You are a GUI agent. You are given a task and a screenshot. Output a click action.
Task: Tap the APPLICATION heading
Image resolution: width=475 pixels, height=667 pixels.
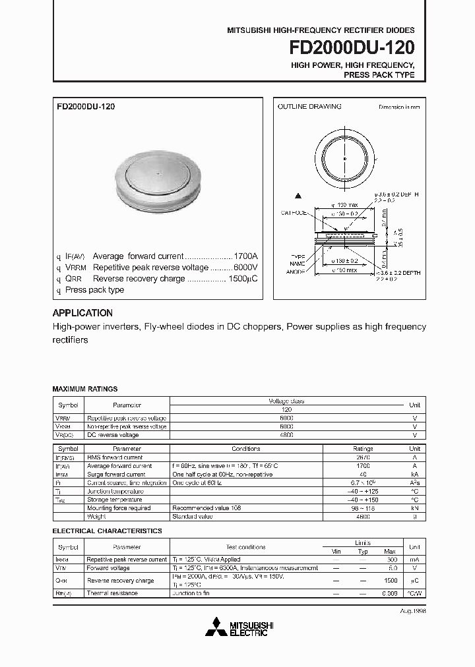[x=82, y=313]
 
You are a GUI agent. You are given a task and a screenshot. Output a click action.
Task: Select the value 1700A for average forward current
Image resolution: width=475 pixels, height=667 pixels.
[x=245, y=256]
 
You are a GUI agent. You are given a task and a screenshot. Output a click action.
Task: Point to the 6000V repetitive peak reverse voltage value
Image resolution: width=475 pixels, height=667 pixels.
[x=245, y=268]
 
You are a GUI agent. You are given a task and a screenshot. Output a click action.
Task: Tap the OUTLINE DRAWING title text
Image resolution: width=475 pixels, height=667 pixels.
[x=309, y=107]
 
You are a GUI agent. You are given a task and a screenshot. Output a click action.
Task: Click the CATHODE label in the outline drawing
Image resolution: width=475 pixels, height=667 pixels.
[x=294, y=213]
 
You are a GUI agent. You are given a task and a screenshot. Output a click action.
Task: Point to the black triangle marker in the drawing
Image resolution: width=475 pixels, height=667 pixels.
[x=298, y=196]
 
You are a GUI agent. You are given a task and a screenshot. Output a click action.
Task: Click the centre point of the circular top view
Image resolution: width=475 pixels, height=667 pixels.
[x=344, y=158]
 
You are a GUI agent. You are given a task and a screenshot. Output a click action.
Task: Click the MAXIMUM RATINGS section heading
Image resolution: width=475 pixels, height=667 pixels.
[x=84, y=390]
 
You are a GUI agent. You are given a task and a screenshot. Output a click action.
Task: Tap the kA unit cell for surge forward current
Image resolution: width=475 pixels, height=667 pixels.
[x=414, y=474]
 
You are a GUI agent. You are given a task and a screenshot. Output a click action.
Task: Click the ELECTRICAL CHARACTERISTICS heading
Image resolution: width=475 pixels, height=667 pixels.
[x=107, y=531]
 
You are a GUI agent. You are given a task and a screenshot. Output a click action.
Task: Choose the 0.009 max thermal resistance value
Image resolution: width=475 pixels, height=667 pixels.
[x=390, y=593]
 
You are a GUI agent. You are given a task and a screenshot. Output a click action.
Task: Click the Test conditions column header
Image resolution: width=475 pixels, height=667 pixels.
[x=246, y=547]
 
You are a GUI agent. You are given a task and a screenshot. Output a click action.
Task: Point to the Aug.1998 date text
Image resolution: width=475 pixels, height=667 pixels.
[x=412, y=611]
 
